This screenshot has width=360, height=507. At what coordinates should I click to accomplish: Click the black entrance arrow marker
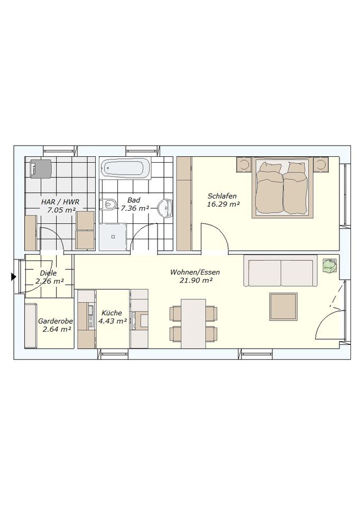13,277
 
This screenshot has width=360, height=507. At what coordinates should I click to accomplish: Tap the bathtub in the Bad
126,168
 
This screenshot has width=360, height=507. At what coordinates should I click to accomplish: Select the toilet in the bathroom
108,204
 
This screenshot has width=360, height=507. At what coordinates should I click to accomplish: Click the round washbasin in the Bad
166,207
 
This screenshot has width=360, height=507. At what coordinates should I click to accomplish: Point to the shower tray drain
113,237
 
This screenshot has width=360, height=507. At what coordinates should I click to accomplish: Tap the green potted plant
329,266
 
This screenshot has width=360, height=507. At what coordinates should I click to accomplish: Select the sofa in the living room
281,270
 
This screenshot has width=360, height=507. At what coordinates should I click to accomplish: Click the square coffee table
283,307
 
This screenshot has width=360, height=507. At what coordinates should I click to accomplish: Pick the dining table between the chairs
193,324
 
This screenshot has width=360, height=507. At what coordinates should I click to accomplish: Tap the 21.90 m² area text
196,280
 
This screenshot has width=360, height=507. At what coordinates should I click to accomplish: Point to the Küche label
112,313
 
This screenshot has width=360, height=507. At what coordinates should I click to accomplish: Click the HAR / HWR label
60,202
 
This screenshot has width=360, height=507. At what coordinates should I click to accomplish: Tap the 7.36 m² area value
135,209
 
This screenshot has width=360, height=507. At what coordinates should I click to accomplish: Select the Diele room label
48,273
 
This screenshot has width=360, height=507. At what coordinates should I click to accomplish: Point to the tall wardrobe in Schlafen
184,203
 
